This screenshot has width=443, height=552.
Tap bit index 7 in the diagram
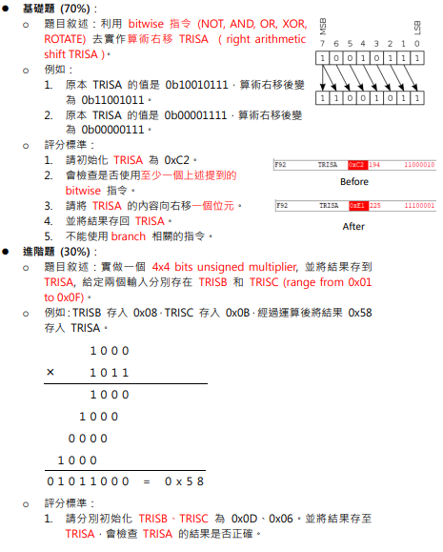click(x=323, y=44)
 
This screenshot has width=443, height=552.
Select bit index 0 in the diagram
click(x=416, y=44)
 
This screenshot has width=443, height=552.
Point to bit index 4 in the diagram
click(x=363, y=44)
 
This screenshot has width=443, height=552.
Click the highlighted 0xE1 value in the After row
click(x=357, y=205)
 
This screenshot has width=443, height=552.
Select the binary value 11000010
click(x=419, y=165)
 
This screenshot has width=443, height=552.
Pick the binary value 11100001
click(x=419, y=205)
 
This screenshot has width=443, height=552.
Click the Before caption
click(x=354, y=181)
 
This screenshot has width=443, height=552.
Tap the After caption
click(x=353, y=227)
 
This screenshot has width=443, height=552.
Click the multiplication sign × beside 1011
click(x=50, y=373)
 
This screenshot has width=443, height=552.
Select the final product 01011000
click(x=90, y=482)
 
